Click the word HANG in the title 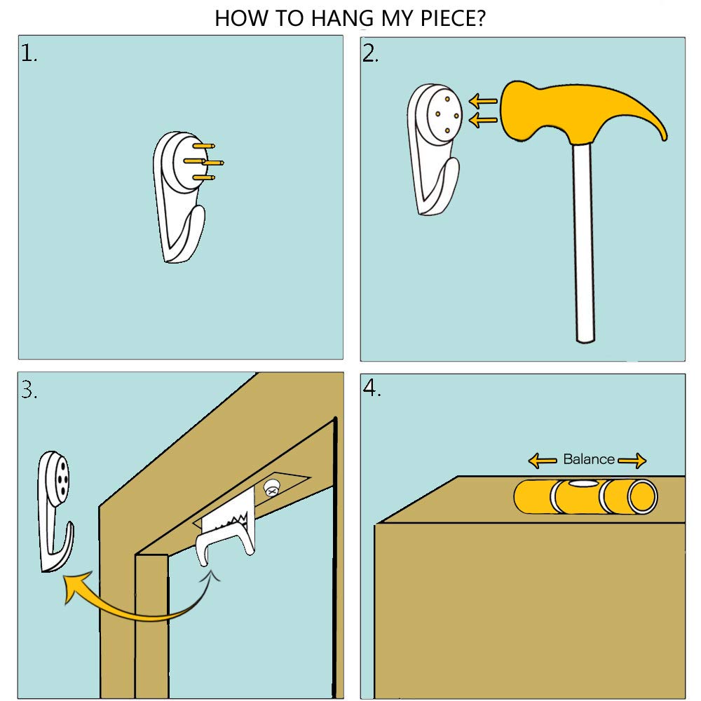[x=342, y=19]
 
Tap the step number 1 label [x=29, y=54]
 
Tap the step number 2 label [x=370, y=54]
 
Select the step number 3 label [x=29, y=390]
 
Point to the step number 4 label [x=372, y=388]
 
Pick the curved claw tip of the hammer [x=665, y=137]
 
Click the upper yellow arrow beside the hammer [x=483, y=101]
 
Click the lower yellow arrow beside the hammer [x=483, y=120]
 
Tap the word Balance [x=588, y=459]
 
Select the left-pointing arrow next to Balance [x=543, y=461]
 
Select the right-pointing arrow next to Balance [x=632, y=461]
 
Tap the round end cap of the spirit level [x=643, y=497]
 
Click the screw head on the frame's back [x=271, y=488]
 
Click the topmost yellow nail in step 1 [x=204, y=146]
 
